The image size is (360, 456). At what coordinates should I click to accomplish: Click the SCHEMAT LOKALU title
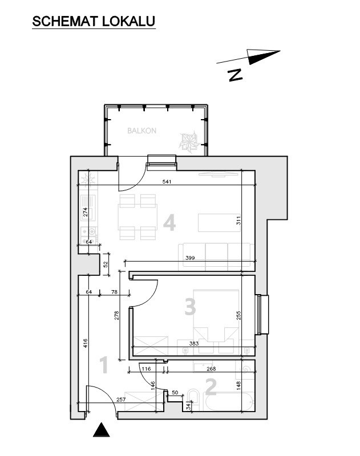[x=94, y=21]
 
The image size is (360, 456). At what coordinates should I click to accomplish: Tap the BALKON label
[x=141, y=131]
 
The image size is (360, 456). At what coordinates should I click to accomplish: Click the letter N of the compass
[x=236, y=75]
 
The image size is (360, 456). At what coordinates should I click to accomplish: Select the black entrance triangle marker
[x=102, y=430]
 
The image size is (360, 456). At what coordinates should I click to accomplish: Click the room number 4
[x=169, y=223]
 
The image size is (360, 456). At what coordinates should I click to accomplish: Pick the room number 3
[x=190, y=307]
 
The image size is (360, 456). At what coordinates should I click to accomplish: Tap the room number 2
[x=211, y=386]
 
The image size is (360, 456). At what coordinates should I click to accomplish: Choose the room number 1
[x=104, y=365]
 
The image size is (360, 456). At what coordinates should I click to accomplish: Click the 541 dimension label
[x=167, y=182]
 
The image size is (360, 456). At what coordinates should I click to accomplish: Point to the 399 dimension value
[x=190, y=258]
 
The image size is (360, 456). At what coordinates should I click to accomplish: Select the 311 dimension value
[x=238, y=220]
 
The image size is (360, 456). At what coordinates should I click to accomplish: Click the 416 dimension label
[x=85, y=344]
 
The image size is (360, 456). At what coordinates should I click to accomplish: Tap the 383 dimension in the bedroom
[x=194, y=344]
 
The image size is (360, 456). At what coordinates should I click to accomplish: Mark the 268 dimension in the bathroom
[x=211, y=369]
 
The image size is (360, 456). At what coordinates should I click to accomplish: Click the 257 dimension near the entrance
[x=121, y=400]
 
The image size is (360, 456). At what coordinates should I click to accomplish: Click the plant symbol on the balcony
[x=189, y=142]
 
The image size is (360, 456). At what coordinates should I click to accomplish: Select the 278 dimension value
[x=117, y=316]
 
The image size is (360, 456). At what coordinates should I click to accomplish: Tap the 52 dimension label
[x=106, y=264]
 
